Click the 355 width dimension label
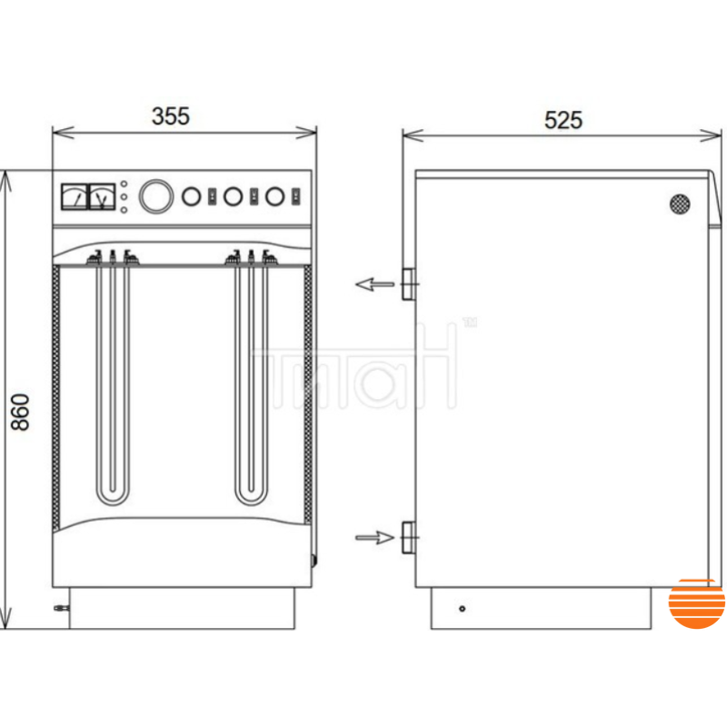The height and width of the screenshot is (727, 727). [171, 116]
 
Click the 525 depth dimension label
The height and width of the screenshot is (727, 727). [563, 120]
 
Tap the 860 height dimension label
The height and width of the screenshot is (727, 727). [20, 413]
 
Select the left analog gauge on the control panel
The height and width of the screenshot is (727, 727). [75, 197]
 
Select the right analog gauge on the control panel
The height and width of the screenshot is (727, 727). [102, 197]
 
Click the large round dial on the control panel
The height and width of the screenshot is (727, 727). [156, 196]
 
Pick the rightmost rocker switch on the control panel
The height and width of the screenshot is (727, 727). [296, 196]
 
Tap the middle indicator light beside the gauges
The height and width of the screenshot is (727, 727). [124, 197]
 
